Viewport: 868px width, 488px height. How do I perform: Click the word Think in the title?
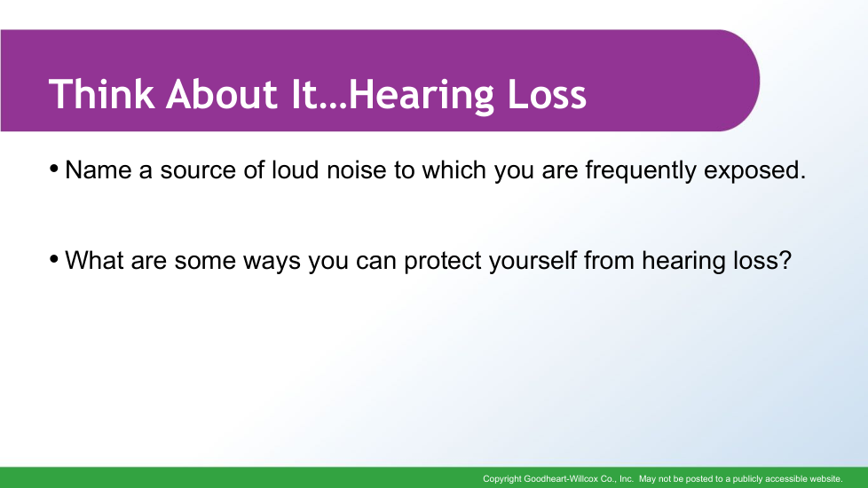coord(101,93)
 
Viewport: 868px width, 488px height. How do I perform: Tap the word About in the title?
coord(221,93)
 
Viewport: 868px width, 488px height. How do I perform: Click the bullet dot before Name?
coord(54,168)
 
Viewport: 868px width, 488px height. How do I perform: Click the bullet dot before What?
coord(54,258)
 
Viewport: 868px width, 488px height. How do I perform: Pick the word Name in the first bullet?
coord(98,169)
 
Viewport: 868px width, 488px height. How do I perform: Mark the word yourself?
coord(533,260)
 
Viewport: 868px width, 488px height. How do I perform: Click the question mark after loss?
coord(785,260)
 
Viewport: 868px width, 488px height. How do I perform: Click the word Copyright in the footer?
coord(502,479)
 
